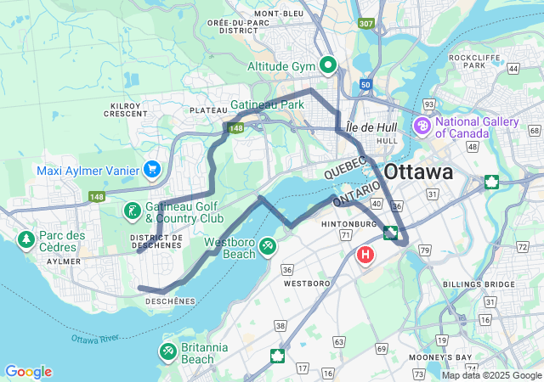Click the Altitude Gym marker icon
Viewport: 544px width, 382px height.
(x=328, y=65)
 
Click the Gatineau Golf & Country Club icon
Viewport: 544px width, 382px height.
(x=133, y=210)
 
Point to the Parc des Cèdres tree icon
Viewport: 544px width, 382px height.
(x=25, y=240)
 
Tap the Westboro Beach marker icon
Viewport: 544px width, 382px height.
(x=269, y=246)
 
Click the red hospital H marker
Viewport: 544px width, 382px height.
(x=366, y=254)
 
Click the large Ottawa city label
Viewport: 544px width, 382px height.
(x=418, y=172)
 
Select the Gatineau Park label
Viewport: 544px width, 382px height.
(x=267, y=105)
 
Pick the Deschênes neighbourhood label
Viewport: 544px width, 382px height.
(x=171, y=301)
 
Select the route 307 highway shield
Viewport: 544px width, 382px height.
(x=366, y=24)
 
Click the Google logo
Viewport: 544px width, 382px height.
(x=28, y=372)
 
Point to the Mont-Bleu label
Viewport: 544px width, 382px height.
(x=279, y=14)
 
